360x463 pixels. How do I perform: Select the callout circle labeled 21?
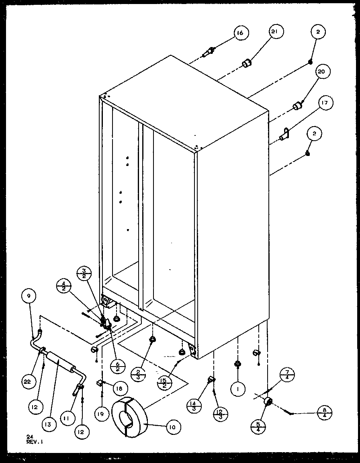click(x=276, y=33)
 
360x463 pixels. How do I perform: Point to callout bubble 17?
click(x=324, y=103)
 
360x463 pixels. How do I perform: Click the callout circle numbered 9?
click(x=29, y=296)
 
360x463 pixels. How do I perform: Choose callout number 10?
click(x=172, y=426)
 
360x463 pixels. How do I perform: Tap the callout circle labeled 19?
click(x=102, y=414)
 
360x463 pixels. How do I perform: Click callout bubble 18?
click(x=120, y=388)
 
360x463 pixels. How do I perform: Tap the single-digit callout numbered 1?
click(x=238, y=389)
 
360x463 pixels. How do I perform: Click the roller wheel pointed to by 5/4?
click(x=268, y=402)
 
